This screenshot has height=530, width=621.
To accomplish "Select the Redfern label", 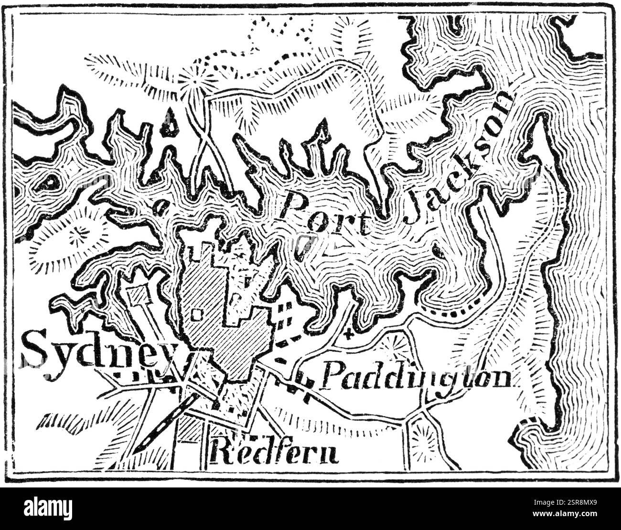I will (274, 451).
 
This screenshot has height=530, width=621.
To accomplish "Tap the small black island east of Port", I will (436, 249).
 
